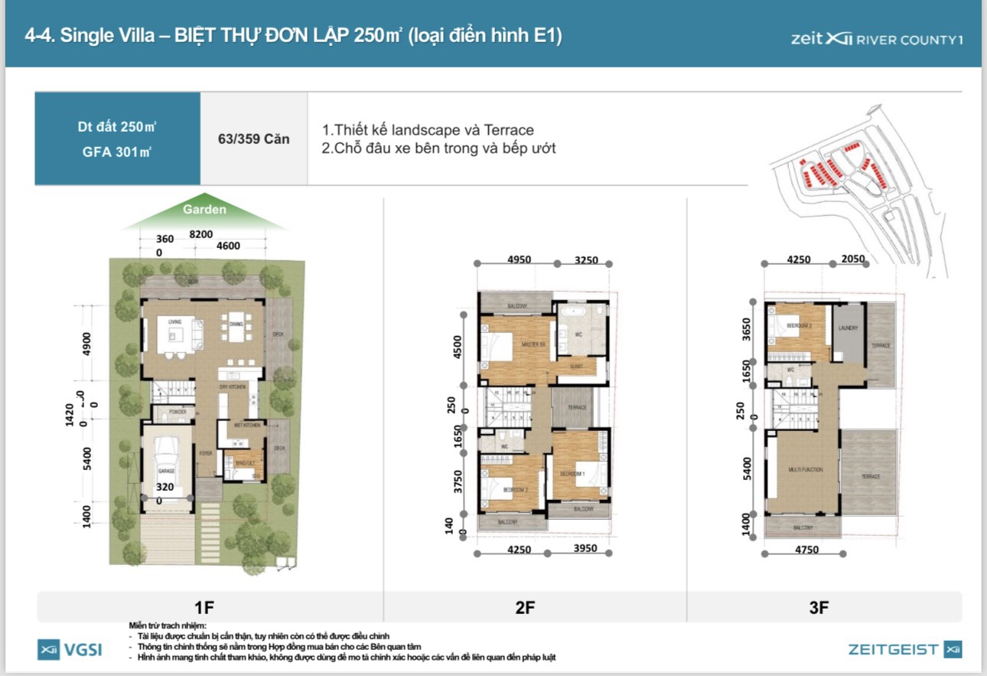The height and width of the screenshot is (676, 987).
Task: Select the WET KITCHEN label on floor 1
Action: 243,425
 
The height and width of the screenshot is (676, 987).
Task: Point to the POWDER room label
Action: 167,412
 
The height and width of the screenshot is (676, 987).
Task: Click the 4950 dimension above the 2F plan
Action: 519,260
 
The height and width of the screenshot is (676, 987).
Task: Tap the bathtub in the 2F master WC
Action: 571,312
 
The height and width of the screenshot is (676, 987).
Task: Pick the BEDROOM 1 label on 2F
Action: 573,475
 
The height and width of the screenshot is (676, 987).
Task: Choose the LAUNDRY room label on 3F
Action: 848,328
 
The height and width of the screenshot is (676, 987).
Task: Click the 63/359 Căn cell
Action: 253,139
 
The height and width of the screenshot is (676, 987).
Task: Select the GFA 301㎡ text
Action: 117,152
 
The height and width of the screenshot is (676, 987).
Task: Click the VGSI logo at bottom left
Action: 70,650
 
